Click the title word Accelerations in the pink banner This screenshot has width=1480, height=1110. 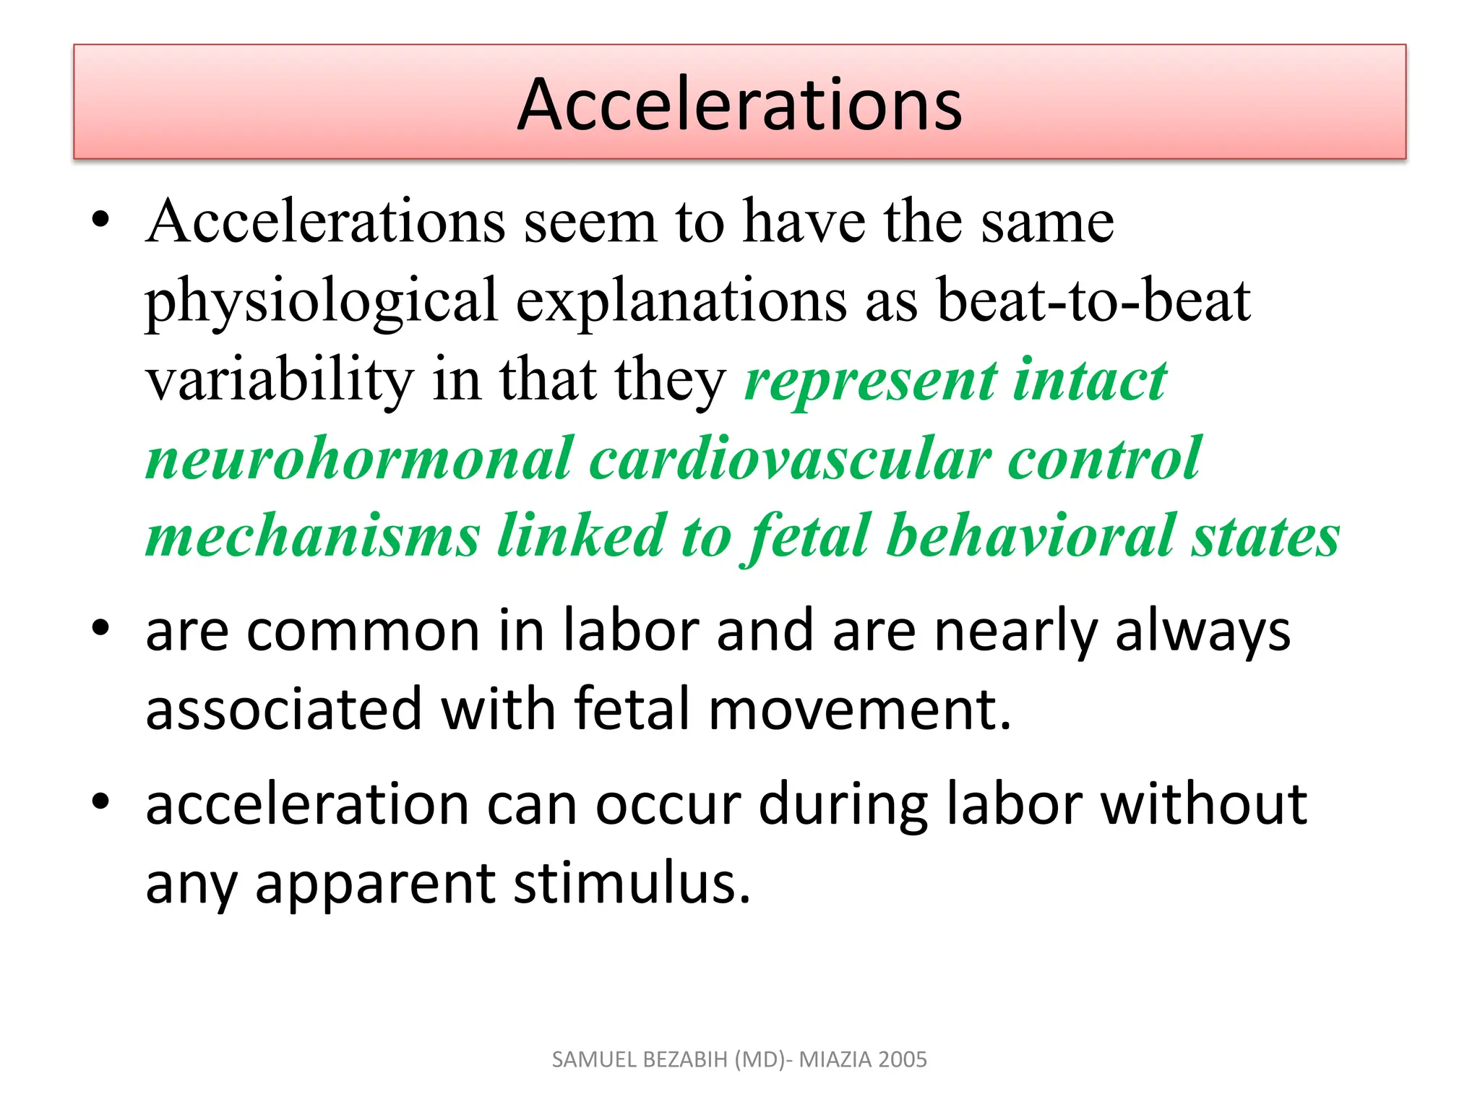739,105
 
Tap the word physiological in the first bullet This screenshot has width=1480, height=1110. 321,301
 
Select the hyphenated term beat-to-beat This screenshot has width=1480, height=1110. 1093,301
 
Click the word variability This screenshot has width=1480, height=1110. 280,380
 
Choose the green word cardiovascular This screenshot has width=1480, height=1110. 790,459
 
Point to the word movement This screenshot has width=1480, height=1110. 859,709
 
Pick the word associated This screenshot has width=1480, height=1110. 283,709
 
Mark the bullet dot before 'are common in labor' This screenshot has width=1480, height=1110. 100,627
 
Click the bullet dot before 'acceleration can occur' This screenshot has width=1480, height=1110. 100,801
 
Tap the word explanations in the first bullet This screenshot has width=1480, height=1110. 681,301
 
